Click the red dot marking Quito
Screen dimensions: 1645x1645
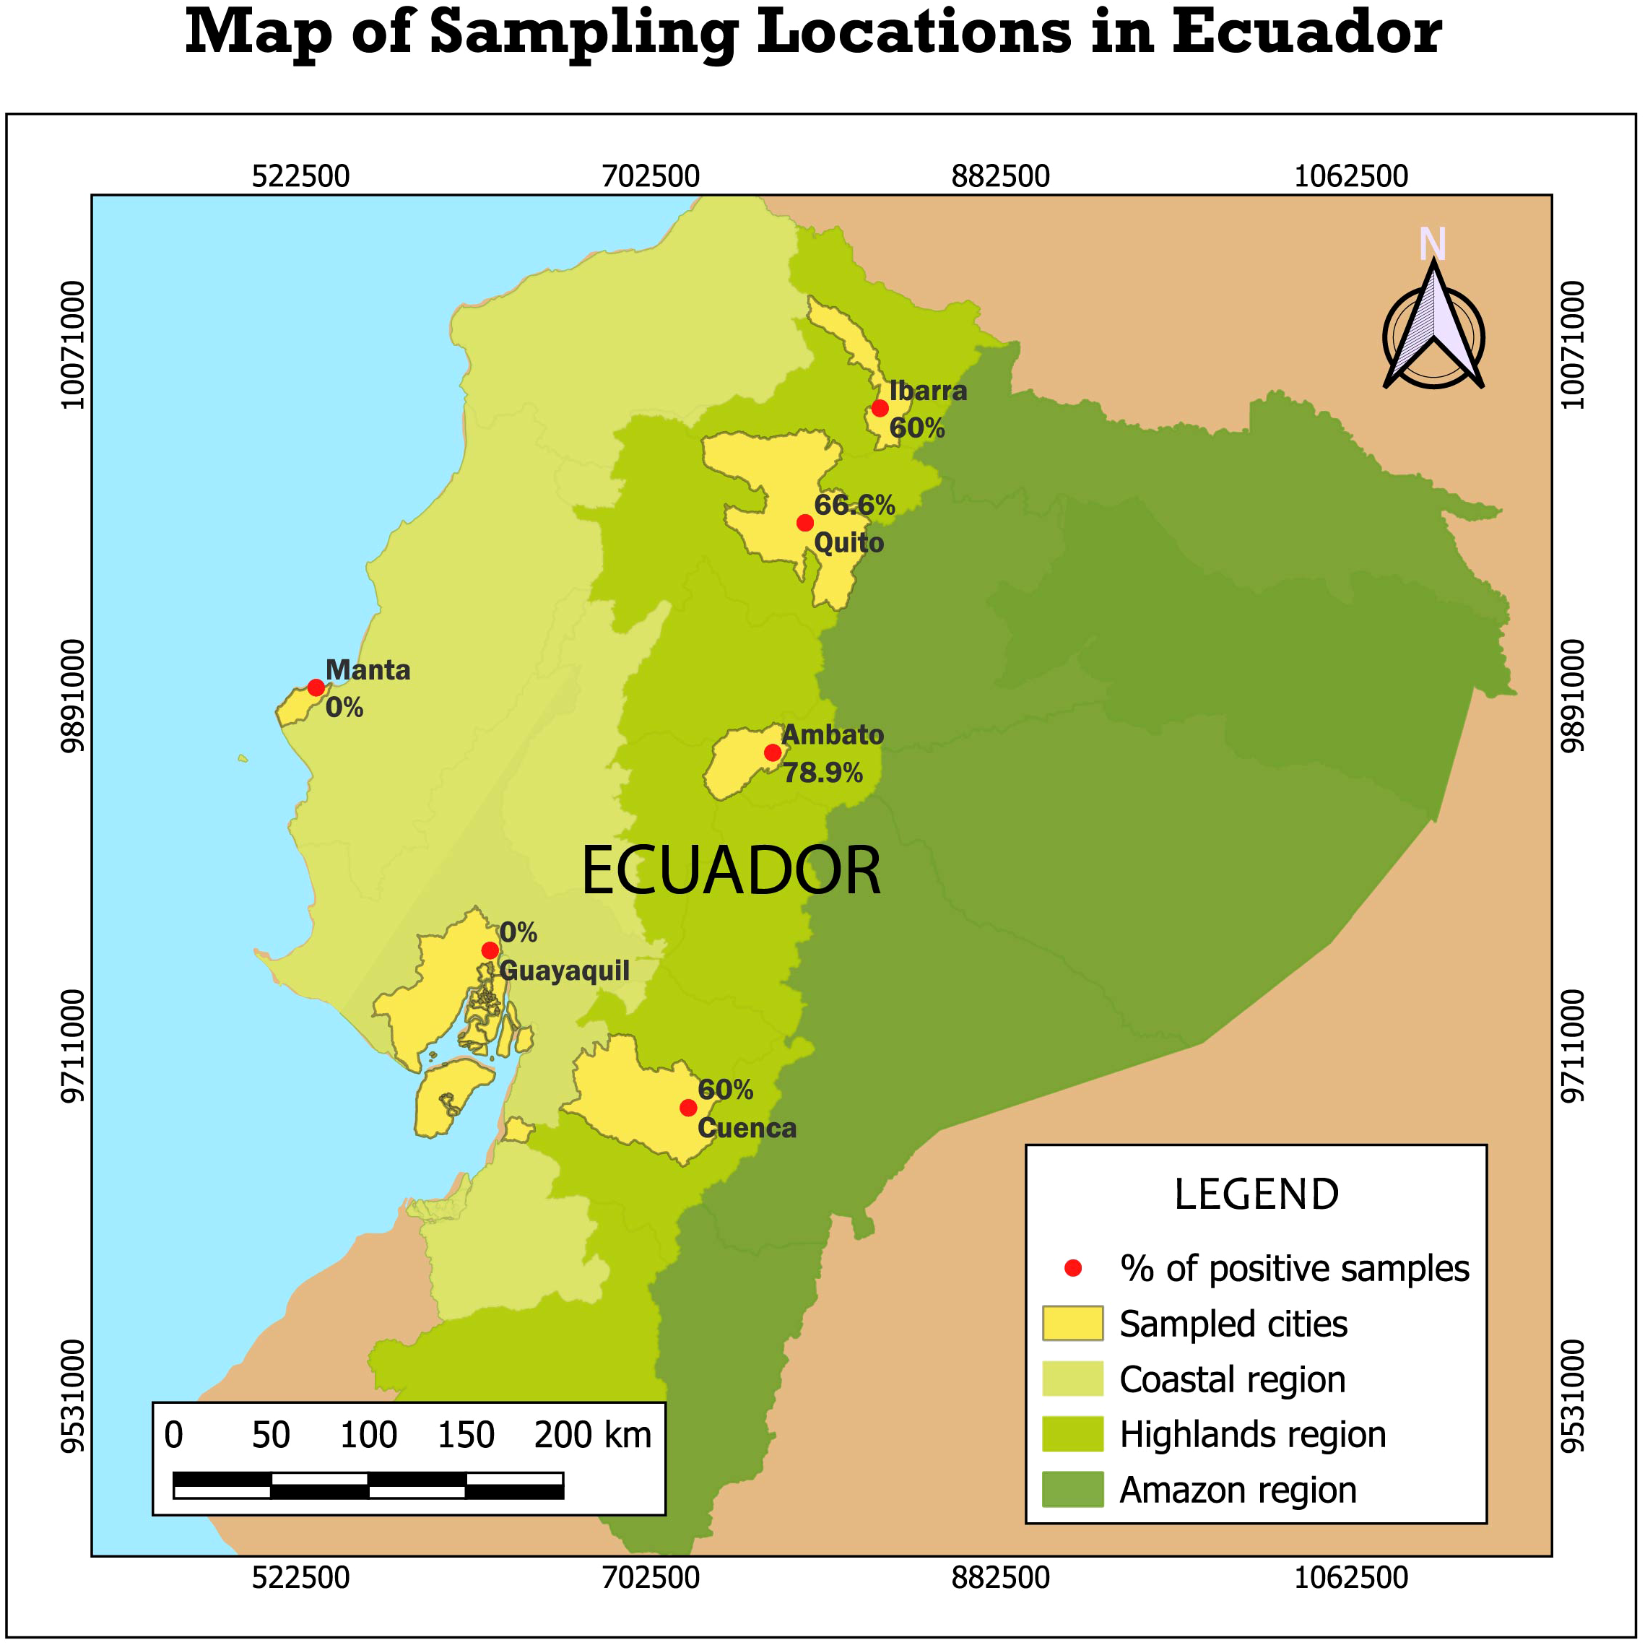[804, 523]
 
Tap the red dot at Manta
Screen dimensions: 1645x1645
[316, 688]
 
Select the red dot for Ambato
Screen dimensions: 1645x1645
[772, 752]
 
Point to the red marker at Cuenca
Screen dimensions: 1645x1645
[688, 1108]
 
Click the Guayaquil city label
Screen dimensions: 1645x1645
[564, 971]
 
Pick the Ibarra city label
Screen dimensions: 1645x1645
[928, 391]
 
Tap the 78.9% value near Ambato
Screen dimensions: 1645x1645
[822, 773]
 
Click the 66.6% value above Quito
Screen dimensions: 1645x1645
[854, 505]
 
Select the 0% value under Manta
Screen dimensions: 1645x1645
[344, 708]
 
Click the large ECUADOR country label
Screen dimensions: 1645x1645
[731, 871]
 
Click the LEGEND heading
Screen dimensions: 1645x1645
[1256, 1194]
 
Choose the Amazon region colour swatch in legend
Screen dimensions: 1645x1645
[1072, 1490]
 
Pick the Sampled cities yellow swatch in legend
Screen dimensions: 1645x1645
[1072, 1324]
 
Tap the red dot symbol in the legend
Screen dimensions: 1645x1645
[1073, 1269]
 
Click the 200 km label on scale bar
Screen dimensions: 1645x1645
[593, 1436]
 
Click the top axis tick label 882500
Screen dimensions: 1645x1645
[1000, 176]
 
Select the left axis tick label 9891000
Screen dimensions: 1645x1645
[74, 696]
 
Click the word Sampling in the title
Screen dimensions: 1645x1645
[584, 32]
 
